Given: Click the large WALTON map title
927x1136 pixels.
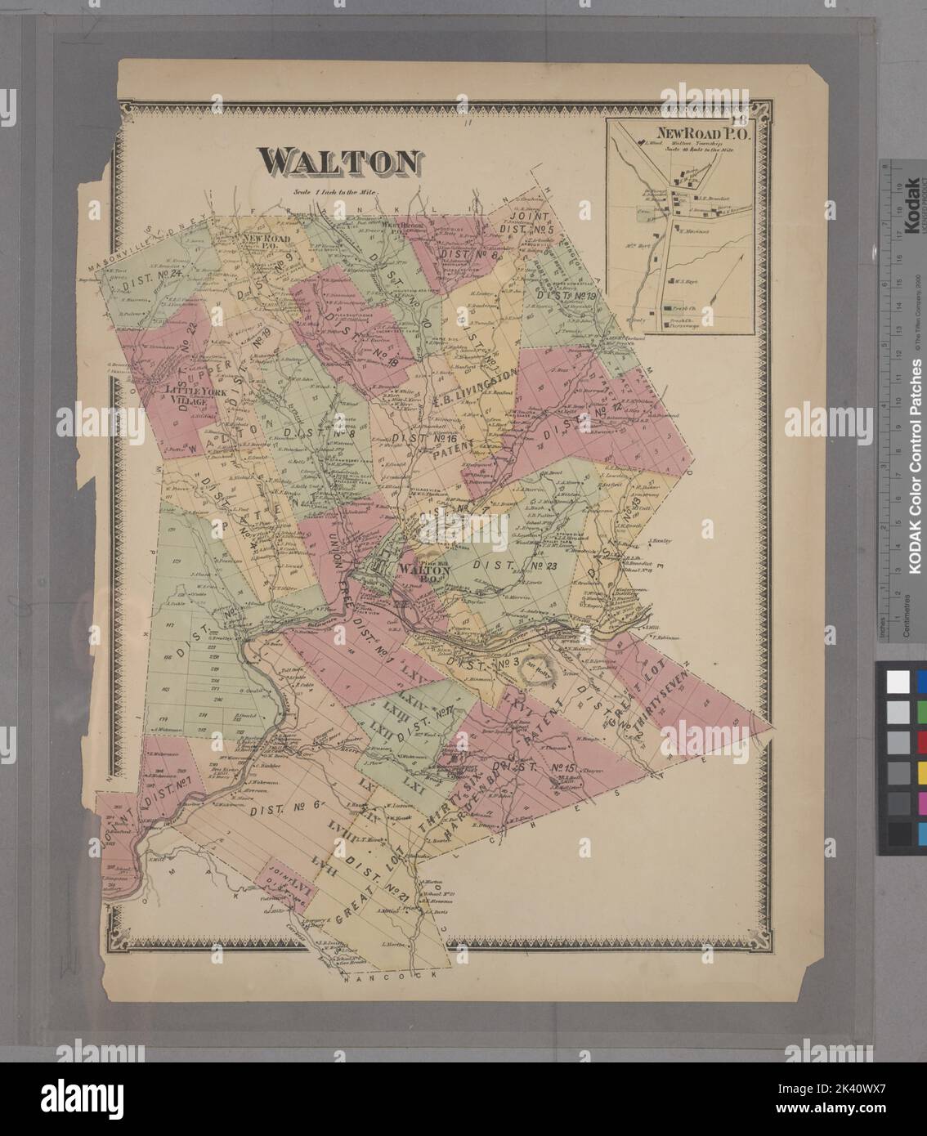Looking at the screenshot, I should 339,162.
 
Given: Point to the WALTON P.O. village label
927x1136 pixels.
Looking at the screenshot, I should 422,571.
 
